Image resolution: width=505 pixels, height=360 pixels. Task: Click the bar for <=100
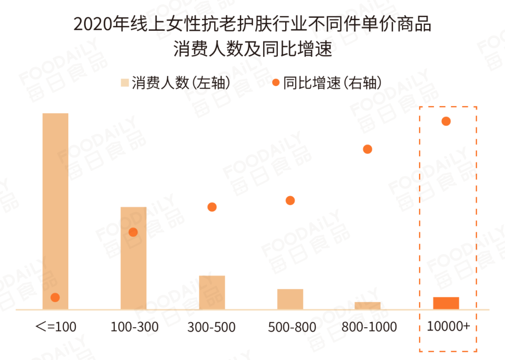point(55,210)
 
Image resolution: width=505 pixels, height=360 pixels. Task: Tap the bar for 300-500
point(212,292)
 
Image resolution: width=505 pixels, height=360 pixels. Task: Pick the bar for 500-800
point(290,299)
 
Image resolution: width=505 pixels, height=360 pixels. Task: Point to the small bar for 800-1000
point(368,306)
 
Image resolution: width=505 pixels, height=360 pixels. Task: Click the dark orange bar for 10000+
point(446,303)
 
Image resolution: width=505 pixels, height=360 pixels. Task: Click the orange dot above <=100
point(55,297)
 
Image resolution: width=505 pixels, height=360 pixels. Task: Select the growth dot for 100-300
point(133,232)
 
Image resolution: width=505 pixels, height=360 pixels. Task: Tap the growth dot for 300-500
point(212,207)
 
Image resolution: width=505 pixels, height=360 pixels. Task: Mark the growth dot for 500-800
point(290,201)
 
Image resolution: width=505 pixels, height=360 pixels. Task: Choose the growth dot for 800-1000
point(368,149)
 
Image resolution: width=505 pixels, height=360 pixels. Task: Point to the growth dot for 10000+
point(446,122)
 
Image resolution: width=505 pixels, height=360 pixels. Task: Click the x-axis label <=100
point(56,326)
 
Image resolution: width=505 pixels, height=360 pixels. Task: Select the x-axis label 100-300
point(134,326)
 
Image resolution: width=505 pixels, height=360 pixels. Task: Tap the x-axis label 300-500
point(211,327)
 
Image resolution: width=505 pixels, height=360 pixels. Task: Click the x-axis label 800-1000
point(369,326)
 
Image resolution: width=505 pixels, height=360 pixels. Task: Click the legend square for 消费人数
point(125,83)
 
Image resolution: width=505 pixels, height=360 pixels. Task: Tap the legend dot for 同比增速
point(276,83)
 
